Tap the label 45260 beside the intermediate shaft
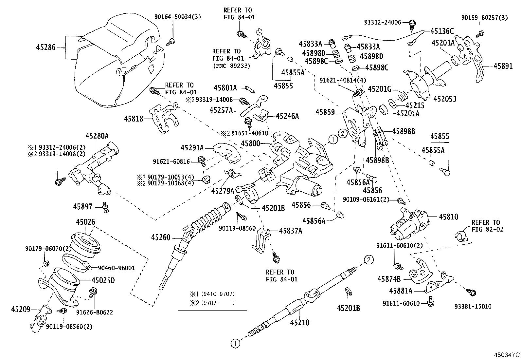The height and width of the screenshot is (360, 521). coord(161,237)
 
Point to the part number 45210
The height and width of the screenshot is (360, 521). coord(299,322)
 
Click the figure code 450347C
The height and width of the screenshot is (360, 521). coord(507,355)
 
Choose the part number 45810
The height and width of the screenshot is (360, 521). coord(448,217)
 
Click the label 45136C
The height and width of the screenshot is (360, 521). coord(442,31)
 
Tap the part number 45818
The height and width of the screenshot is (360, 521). coord(134,119)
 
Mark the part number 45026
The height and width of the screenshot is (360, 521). coord(86,222)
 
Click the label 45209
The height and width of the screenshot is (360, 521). coord(21,309)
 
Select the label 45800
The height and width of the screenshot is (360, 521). coord(250,143)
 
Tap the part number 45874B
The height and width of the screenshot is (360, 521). coord(389,279)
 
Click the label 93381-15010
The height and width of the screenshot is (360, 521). coord(473,306)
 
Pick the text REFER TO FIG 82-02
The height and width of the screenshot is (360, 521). coord(486,226)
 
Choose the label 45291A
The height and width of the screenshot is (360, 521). coord(192,148)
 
